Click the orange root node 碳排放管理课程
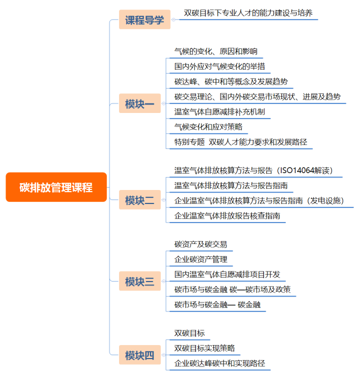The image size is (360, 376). tap(56, 187)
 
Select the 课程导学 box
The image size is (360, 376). tap(144, 20)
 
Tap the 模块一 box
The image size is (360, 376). tap(140, 103)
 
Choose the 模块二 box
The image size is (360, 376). tap(140, 200)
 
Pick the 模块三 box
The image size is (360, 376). tap(140, 281)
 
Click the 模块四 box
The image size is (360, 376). tap(140, 355)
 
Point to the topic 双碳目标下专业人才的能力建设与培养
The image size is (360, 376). tap(248, 13)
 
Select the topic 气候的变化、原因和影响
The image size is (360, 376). tap(216, 51)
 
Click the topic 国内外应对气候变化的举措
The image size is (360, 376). tap(220, 66)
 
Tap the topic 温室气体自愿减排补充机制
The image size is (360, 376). tap(220, 112)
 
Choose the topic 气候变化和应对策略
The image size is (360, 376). tap(208, 127)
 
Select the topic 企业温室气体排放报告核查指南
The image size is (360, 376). tap(227, 216)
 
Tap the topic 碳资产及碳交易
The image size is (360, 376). tap(200, 244)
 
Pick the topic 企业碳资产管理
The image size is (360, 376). tap(200, 260)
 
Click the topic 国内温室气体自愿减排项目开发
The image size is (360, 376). tap(227, 275)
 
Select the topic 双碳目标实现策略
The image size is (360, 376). tap(204, 348)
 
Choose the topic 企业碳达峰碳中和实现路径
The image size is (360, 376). tap(220, 363)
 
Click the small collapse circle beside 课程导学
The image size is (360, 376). tap(174, 20)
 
